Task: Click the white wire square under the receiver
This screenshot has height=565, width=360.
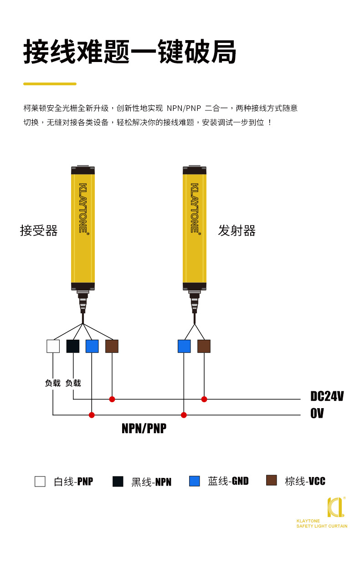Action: tap(53, 346)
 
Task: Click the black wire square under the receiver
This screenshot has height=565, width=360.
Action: tap(73, 346)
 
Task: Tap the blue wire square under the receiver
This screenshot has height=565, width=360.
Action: tap(92, 346)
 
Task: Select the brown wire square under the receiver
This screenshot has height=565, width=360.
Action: tap(112, 346)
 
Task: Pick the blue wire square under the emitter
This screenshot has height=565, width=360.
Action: tap(184, 346)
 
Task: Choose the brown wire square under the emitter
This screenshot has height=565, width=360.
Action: tap(204, 346)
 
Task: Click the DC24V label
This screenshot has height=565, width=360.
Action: tap(327, 396)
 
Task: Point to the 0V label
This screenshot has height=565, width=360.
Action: tap(317, 414)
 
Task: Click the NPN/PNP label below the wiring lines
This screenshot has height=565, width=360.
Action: tap(144, 429)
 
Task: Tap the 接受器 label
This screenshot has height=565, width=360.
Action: tap(39, 231)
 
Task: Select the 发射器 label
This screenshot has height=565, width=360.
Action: tap(237, 231)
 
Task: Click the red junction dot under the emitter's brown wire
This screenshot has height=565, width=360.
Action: tap(204, 399)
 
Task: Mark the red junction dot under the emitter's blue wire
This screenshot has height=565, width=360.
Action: tap(184, 415)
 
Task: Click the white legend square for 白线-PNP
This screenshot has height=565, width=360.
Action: tap(40, 481)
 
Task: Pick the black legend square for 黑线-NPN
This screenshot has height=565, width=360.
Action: tap(118, 481)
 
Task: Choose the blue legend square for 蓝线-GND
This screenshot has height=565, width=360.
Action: tap(195, 481)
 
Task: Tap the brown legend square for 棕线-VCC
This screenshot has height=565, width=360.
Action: tap(272, 480)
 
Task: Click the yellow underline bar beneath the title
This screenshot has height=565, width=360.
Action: tap(50, 84)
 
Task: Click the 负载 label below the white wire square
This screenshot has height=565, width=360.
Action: tap(53, 383)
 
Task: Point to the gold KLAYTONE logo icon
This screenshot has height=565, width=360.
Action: tap(335, 507)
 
